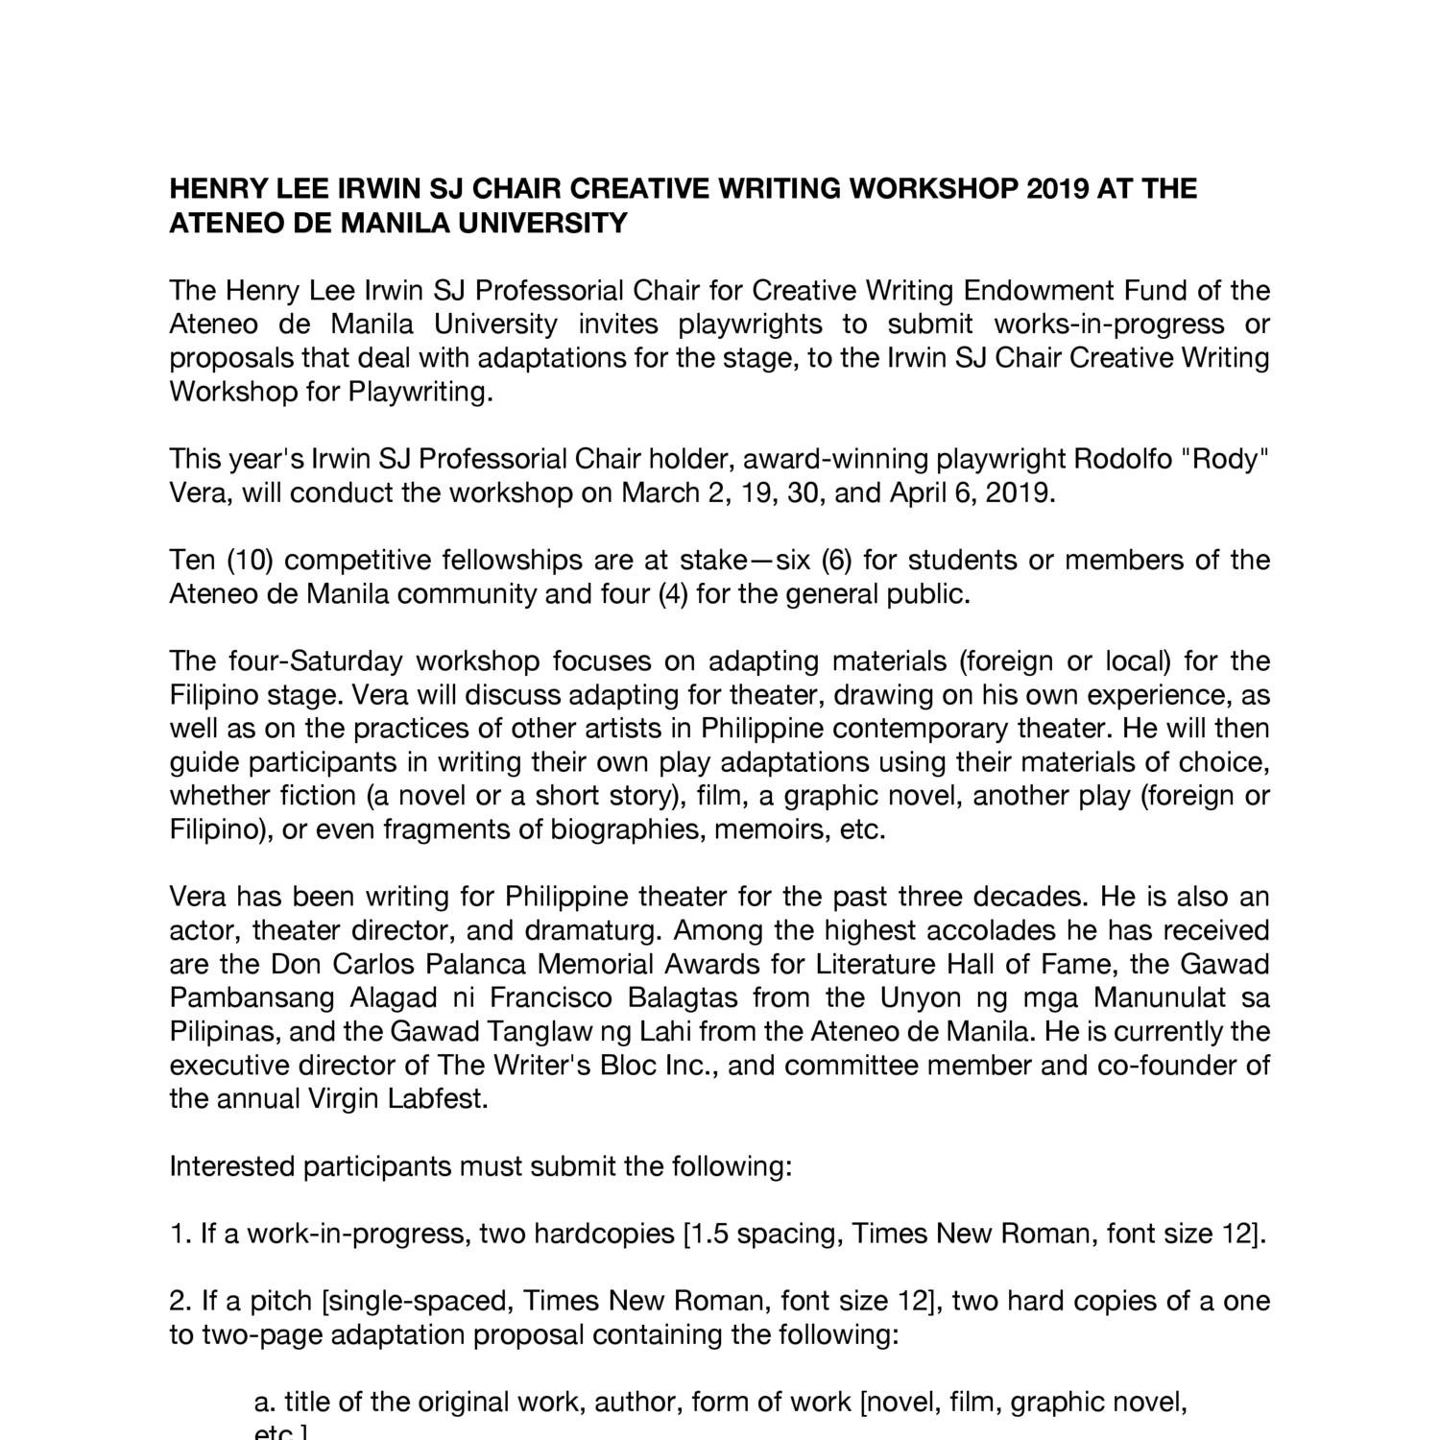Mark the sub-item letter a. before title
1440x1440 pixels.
point(264,1402)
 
